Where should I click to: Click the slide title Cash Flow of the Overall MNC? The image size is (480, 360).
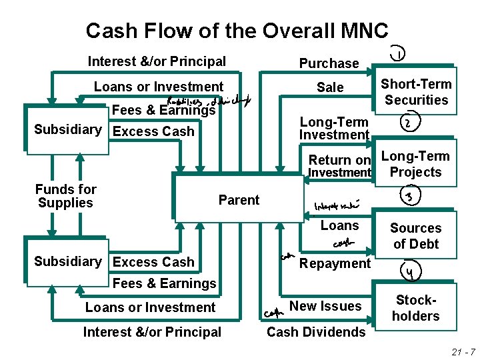coord(237,31)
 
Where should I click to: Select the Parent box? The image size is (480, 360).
coord(239,199)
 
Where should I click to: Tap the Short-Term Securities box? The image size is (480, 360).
coord(416,92)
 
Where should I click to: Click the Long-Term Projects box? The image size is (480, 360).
coord(416,164)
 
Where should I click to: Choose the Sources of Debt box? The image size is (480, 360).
coord(416,236)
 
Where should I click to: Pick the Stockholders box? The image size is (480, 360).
coord(416,308)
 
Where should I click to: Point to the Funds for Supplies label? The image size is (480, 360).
coord(66,196)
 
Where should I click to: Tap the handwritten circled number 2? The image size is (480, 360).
coord(407,124)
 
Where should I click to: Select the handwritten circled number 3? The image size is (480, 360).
coord(407,196)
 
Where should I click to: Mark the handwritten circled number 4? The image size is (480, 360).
coord(407,271)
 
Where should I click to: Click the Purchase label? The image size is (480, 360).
coord(329,63)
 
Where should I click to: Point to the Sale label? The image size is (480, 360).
coord(330,87)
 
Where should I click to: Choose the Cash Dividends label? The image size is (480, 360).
coord(316,332)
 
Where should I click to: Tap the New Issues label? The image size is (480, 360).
coord(326,306)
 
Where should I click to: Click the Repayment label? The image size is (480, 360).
coord(335,263)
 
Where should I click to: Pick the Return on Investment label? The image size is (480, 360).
coord(339,166)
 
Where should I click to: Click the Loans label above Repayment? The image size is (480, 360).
coord(339,225)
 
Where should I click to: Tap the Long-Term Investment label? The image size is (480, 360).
coord(333,128)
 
